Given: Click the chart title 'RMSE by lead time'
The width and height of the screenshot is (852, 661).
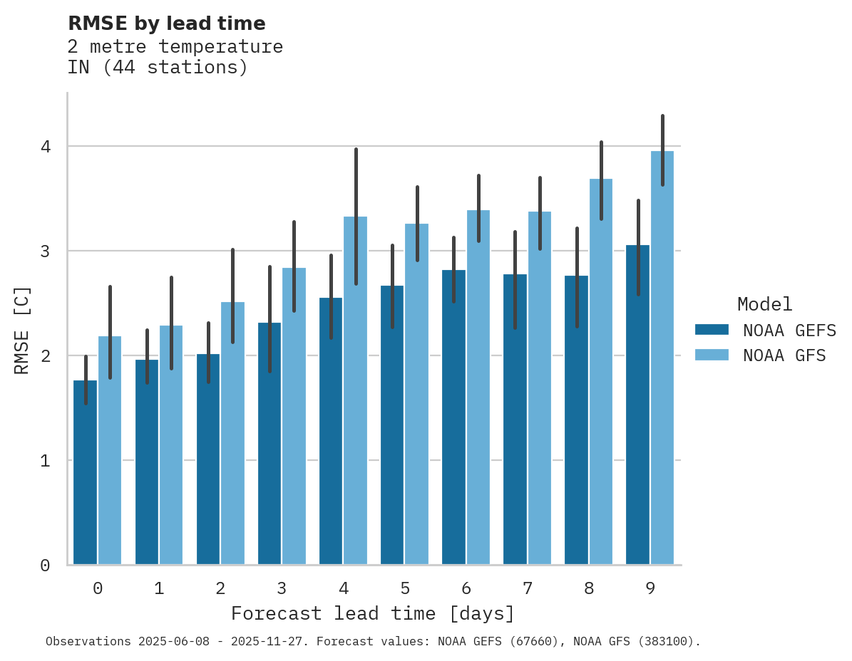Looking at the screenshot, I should pyautogui.click(x=166, y=24).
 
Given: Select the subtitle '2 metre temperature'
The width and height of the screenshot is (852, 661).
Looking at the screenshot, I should pyautogui.click(x=175, y=47).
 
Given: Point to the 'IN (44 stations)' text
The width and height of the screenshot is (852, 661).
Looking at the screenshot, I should pyautogui.click(x=158, y=68).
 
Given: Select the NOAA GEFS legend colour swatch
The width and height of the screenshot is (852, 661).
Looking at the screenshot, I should pyautogui.click(x=712, y=330).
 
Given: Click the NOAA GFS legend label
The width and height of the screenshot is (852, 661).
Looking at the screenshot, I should pyautogui.click(x=784, y=355).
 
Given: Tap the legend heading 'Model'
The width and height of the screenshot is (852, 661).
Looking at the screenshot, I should pyautogui.click(x=764, y=305).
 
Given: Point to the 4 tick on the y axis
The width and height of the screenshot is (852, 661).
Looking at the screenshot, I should pyautogui.click(x=45, y=147).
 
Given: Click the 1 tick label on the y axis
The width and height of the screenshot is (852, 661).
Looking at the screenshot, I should pyautogui.click(x=45, y=461).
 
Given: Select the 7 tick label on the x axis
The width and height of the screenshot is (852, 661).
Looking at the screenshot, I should pyautogui.click(x=528, y=588).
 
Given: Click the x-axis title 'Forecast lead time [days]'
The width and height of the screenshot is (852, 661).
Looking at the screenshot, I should pyautogui.click(x=372, y=613).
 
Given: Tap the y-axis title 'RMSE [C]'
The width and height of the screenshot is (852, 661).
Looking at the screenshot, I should pyautogui.click(x=22, y=330).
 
